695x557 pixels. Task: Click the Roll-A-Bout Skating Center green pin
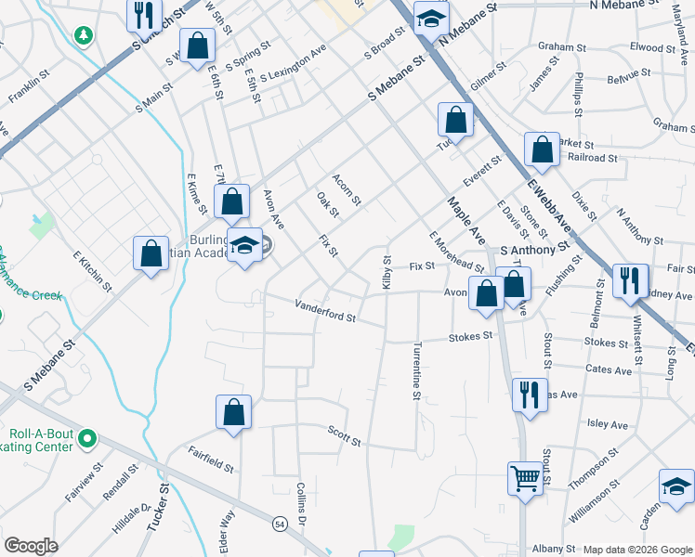pos(88,436)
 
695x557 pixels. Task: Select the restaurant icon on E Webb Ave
pos(630,279)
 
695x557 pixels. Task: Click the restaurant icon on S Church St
pos(143,14)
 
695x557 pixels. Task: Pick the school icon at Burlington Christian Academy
pos(244,246)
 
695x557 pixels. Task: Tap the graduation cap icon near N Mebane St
pos(431,18)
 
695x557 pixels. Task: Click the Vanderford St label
pos(325,310)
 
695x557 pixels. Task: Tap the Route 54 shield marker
pos(279,525)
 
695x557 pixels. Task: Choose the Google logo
pos(31,546)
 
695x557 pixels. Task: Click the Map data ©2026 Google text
pos(636,550)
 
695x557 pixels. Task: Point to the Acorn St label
pos(347,188)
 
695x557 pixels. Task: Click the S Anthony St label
pos(534,250)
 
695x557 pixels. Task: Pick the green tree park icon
pos(85,35)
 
